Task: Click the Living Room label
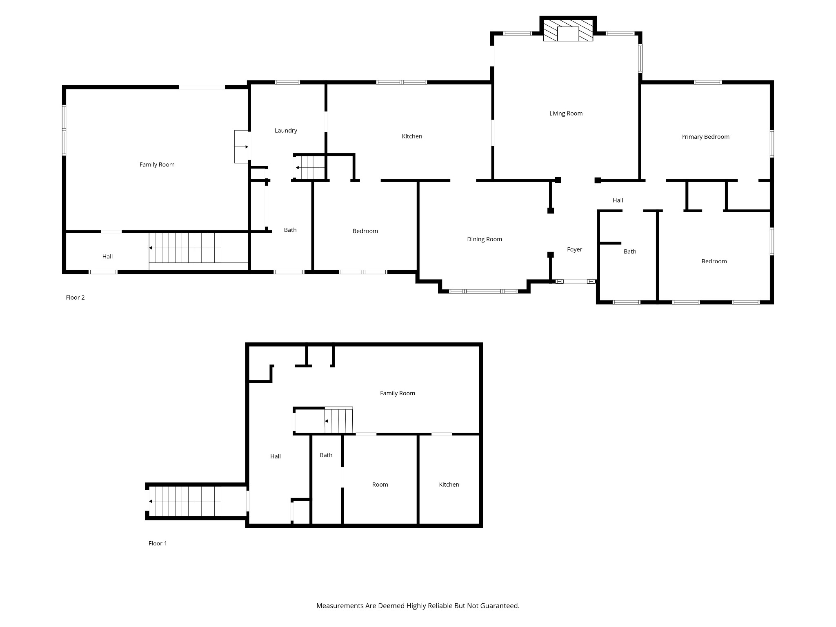[566, 113]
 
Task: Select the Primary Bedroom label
[705, 137]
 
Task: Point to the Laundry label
[286, 131]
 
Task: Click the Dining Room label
[485, 239]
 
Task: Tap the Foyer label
[574, 249]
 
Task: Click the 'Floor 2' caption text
[75, 298]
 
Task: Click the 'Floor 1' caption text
[158, 543]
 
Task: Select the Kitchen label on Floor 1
[449, 485]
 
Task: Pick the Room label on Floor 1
[380, 485]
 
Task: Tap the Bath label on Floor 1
[326, 455]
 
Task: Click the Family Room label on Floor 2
[157, 165]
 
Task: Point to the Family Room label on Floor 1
[397, 393]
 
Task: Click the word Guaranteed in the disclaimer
[499, 606]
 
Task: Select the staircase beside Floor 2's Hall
[185, 248]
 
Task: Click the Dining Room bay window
[484, 291]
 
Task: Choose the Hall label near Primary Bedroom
[618, 200]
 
